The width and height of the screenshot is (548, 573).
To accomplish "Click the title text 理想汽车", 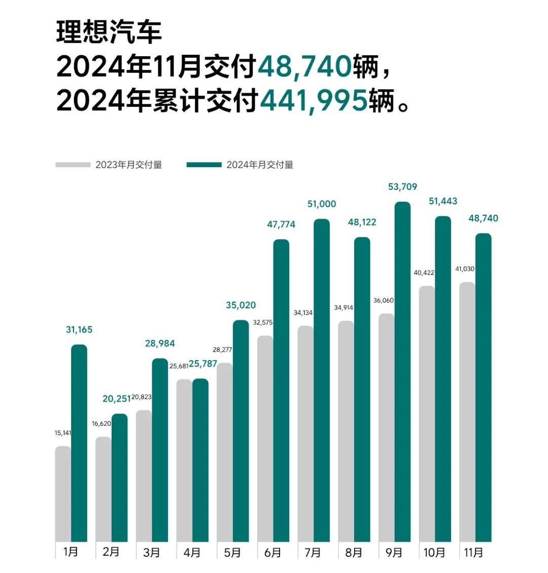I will [109, 32].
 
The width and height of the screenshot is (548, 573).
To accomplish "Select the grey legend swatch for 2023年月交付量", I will [73, 165].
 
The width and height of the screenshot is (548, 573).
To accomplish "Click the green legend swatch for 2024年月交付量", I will [204, 165].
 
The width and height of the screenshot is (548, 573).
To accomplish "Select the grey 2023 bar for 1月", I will [63, 493].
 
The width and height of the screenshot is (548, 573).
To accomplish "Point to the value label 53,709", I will [402, 187].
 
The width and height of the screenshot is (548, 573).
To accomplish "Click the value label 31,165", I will [79, 330].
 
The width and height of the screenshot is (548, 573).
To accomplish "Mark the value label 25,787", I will [200, 364].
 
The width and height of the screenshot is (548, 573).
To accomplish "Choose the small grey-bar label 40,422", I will [424, 273].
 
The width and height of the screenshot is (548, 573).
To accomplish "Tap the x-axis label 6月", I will [272, 552].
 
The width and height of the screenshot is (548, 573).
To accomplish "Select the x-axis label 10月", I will [434, 552].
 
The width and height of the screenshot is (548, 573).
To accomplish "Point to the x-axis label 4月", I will [192, 552].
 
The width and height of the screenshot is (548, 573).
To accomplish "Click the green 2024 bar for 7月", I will [322, 380].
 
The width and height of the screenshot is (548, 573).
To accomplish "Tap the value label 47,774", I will [281, 224].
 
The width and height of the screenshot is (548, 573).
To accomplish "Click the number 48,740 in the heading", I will [304, 67].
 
